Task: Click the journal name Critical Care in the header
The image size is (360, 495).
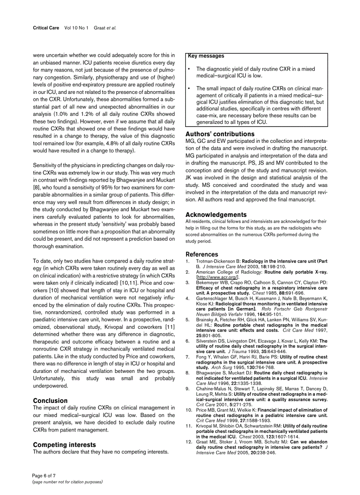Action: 46,28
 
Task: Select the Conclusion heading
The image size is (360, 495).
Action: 50,401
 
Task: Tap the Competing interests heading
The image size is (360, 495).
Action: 64,445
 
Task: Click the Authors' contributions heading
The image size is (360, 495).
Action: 220,134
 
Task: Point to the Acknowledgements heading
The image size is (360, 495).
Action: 216,215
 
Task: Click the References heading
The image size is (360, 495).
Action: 202,254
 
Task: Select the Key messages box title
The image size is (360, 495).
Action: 206,56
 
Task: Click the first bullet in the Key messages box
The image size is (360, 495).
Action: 189,69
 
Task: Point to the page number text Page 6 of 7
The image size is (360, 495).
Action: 44,476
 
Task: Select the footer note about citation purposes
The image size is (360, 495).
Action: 67,482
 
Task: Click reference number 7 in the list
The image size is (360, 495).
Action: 187,357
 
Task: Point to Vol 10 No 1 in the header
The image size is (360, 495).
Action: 76,28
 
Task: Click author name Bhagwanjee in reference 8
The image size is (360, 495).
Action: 210,372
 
